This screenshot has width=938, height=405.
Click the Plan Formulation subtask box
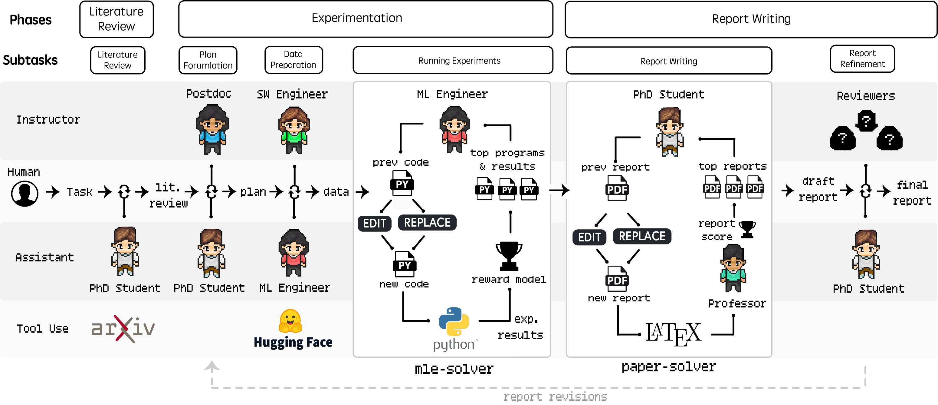pos(208,60)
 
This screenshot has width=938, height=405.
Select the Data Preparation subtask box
pos(294,60)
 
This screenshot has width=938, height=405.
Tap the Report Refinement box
pos(862,59)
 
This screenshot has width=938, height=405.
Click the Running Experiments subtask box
pos(453,60)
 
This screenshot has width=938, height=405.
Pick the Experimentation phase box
pos(366,19)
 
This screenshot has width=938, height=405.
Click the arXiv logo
pos(123,328)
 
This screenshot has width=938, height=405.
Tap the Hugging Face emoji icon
pos(290,321)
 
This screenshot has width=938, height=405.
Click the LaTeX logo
pos(673,333)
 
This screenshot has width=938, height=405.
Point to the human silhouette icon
pos(25,194)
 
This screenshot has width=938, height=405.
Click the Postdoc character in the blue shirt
pos(212,129)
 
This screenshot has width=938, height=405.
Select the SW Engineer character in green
pos(294,130)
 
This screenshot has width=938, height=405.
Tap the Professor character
pos(733,268)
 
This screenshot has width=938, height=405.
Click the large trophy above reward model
pos(509,256)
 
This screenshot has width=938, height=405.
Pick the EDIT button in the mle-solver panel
pos(375,223)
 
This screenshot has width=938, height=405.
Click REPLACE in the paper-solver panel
pos(642,236)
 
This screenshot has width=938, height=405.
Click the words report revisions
pos(555,396)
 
